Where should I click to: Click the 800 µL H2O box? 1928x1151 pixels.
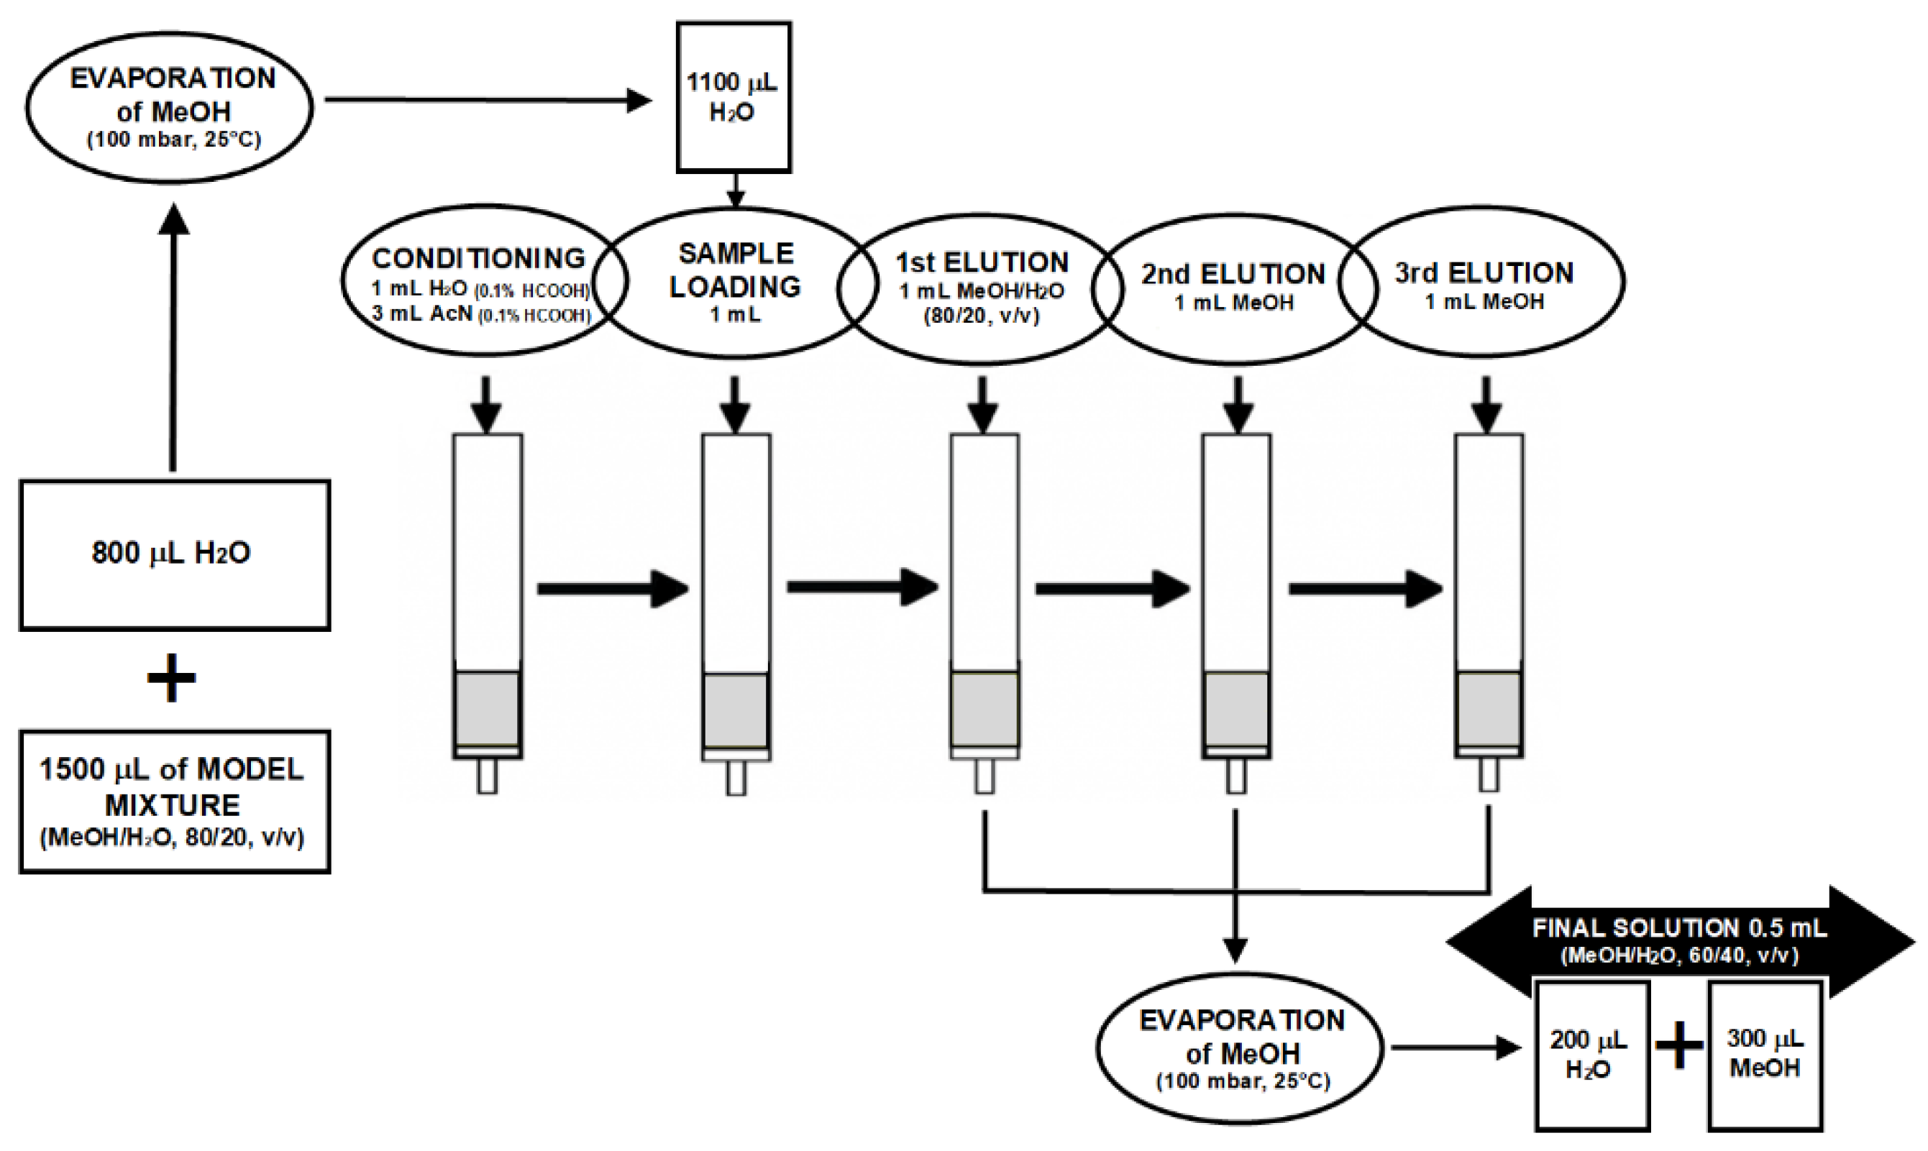tap(174, 554)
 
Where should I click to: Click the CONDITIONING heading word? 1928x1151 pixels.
tap(479, 257)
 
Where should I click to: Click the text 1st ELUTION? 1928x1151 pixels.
tap(982, 263)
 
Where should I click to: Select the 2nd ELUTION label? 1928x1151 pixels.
tap(1233, 274)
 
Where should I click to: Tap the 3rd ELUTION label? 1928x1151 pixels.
tap(1484, 273)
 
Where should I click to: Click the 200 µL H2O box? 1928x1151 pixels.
tap(1591, 1054)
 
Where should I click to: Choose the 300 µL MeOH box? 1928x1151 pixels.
tap(1764, 1054)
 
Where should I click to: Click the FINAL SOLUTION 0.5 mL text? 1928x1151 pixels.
tap(1679, 928)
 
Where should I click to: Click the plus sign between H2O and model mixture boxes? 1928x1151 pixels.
tap(171, 678)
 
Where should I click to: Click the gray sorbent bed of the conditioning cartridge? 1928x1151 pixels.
tap(488, 709)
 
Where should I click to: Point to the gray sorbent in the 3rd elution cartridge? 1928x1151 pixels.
tap(1488, 709)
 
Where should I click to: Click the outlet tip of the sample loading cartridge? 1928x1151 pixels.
tap(736, 778)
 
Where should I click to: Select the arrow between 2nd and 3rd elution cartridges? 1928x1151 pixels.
tap(1366, 589)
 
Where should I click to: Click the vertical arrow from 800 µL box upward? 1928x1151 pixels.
tap(173, 341)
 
